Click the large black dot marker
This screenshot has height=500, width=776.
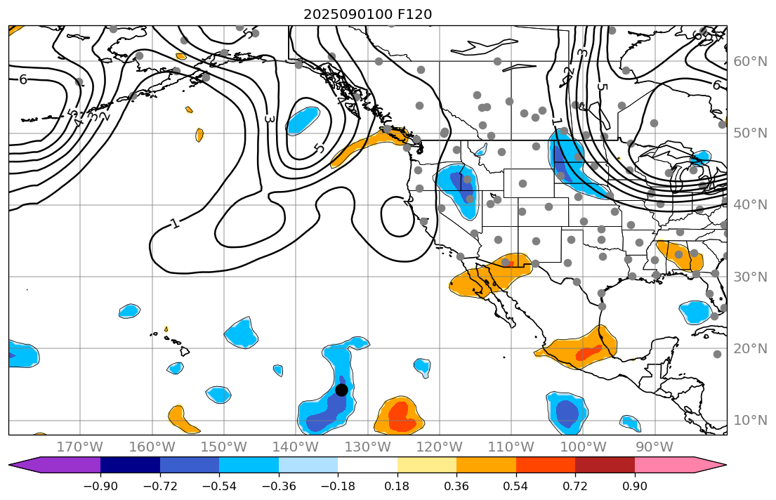[x=341, y=390]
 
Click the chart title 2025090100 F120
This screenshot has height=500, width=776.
[x=367, y=14]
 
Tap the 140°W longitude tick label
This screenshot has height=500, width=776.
[x=296, y=447]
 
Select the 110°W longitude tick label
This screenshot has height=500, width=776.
[x=511, y=447]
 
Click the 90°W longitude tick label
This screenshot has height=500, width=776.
[x=655, y=447]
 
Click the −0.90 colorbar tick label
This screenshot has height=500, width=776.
[x=100, y=487]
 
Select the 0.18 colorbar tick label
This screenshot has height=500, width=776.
[x=397, y=487]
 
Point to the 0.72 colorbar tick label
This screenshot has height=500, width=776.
[x=575, y=487]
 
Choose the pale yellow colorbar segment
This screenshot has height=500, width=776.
[x=427, y=465]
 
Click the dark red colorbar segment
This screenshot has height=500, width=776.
[x=605, y=465]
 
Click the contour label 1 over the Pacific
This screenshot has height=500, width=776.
[x=174, y=224]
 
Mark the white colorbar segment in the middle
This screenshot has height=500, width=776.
[x=367, y=465]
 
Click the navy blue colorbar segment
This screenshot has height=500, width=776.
[x=130, y=465]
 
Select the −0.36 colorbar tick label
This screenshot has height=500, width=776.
[x=279, y=487]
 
